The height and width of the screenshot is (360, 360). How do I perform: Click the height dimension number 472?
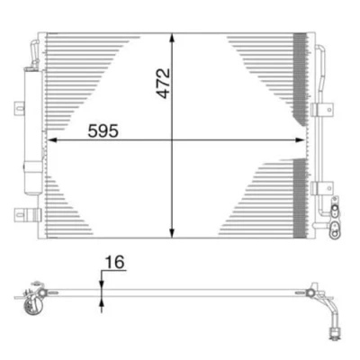pyautogui.click(x=164, y=84)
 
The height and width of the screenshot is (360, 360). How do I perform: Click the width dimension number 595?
pyautogui.click(x=103, y=130)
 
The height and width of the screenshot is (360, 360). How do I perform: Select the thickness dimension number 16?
pyautogui.click(x=114, y=263)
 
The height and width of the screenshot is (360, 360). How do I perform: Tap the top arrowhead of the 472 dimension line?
pyautogui.click(x=172, y=38)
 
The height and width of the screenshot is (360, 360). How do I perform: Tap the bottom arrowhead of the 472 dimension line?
pyautogui.click(x=172, y=233)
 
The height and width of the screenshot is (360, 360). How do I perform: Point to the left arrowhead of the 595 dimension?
pyautogui.click(x=53, y=139)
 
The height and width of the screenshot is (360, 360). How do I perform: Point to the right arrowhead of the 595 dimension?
pyautogui.click(x=301, y=139)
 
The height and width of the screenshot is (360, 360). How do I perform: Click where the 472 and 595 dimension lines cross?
pyautogui.click(x=172, y=139)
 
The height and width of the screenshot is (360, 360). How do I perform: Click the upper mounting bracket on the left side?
pyautogui.click(x=19, y=108)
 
